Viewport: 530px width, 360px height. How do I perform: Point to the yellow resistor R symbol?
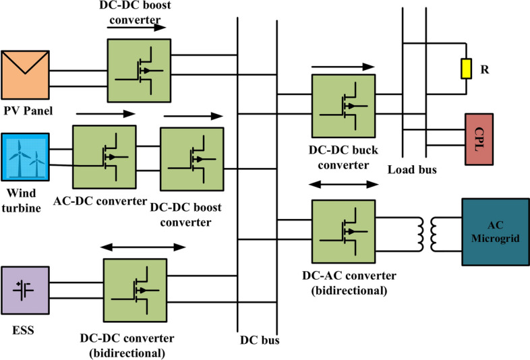point(465,68)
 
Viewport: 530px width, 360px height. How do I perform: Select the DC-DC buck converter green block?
point(343,106)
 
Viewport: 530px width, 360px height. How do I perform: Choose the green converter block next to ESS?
point(135,291)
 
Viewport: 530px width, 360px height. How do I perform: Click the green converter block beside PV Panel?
point(138,71)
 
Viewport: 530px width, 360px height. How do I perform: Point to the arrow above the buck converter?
point(343,67)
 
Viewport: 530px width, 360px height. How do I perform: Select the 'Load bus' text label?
point(411,171)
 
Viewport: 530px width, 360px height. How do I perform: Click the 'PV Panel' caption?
point(29,109)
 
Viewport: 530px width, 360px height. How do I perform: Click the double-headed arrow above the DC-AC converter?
point(343,183)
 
